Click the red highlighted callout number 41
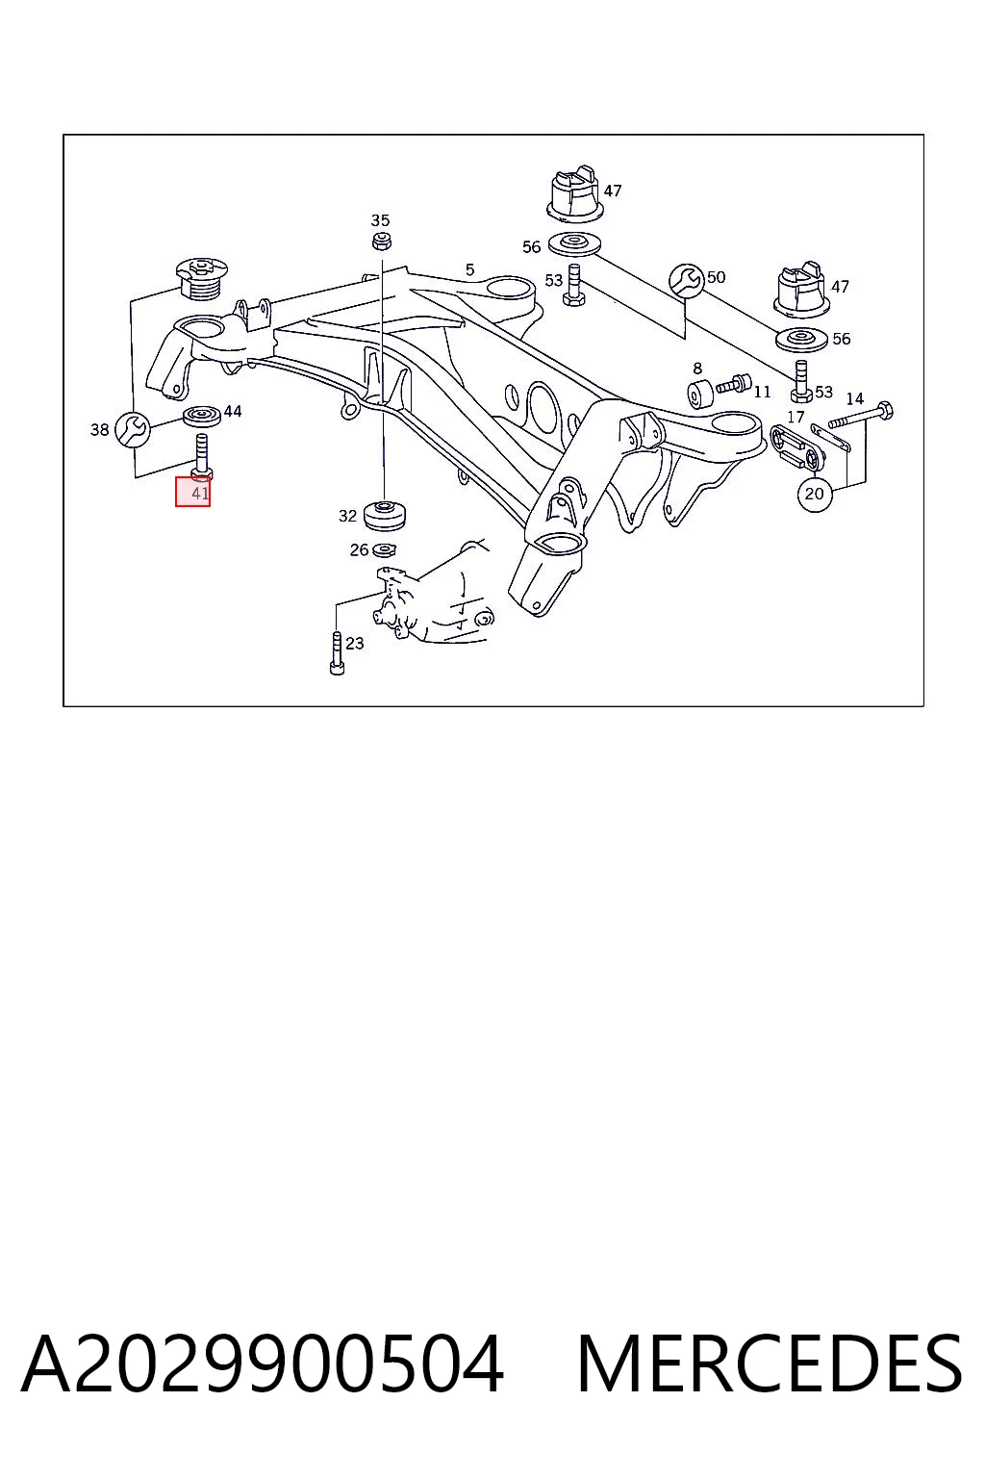pos(192,492)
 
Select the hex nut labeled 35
pos(381,241)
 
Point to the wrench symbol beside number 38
pos(133,429)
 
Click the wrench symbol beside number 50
pos(687,280)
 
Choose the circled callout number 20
pos(814,493)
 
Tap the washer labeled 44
pos(202,417)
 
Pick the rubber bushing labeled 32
pos(386,516)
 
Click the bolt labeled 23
pos(337,653)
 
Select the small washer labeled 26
pos(384,549)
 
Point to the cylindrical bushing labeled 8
pos(699,394)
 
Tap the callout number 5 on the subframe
pos(469,269)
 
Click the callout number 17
pos(796,417)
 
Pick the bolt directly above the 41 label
pos(202,455)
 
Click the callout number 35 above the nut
pos(380,219)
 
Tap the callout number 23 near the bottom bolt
pos(355,643)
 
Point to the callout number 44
pos(233,411)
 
